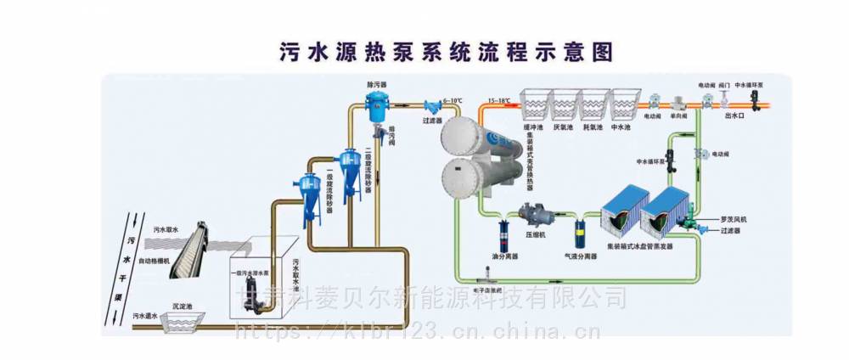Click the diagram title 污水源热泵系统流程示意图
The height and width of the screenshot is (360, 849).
(x=446, y=52)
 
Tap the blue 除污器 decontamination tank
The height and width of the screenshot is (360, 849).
(x=374, y=108)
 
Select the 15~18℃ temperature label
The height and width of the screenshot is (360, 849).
(x=498, y=101)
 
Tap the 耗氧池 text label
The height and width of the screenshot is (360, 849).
(x=593, y=127)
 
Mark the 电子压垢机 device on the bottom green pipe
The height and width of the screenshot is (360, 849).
(x=488, y=273)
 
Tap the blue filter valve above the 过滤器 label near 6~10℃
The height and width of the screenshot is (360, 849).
(x=431, y=108)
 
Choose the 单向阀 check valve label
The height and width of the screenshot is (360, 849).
(x=678, y=115)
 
